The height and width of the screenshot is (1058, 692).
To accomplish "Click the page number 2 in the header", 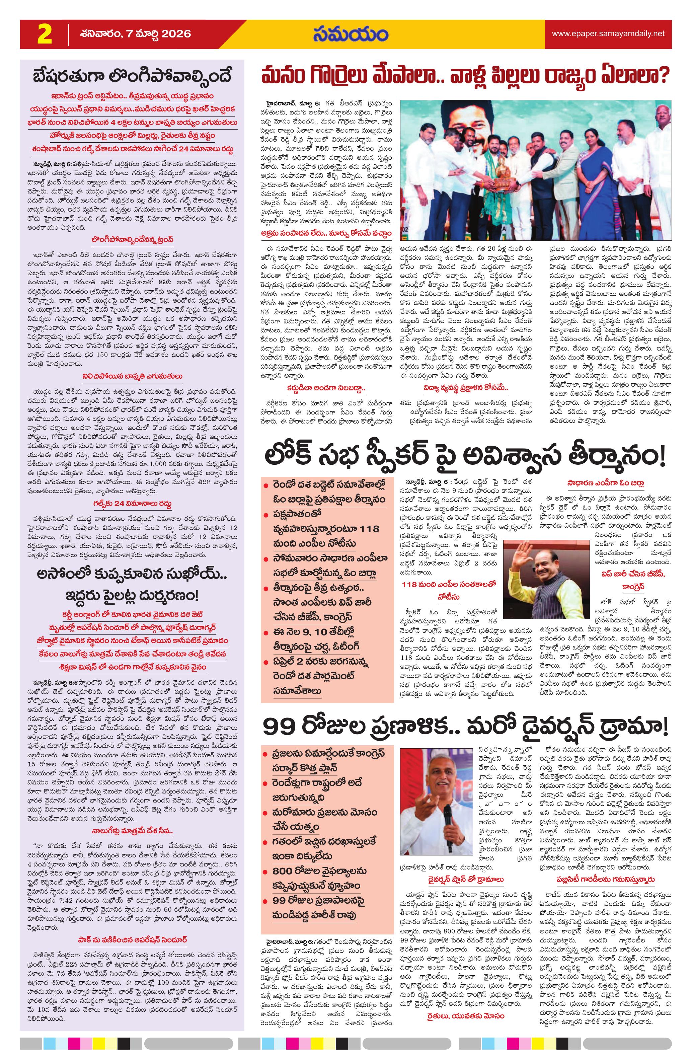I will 45,34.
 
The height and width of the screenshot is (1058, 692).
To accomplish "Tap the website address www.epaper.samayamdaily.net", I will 608,34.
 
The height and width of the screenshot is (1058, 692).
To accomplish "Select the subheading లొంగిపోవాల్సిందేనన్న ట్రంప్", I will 132,240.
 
